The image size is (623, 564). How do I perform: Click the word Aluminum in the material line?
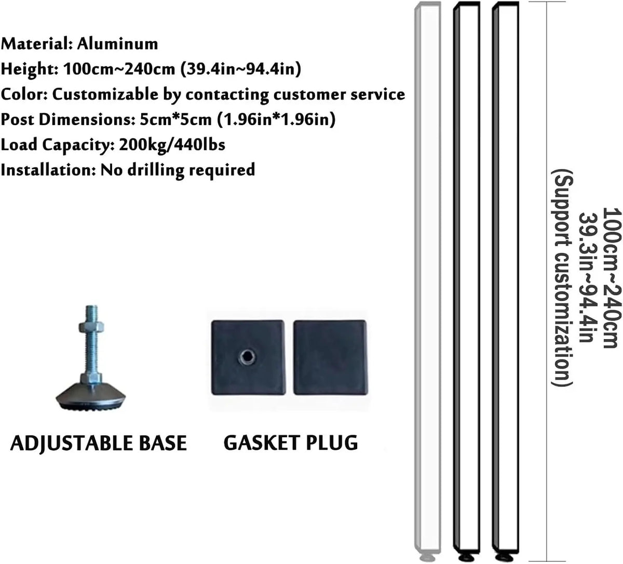[118, 44]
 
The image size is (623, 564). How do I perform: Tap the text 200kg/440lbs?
[172, 145]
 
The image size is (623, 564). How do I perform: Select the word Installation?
[48, 170]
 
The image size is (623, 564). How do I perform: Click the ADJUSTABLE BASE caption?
[99, 443]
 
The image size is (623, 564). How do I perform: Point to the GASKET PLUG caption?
[291, 443]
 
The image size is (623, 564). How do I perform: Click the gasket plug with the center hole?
[248, 357]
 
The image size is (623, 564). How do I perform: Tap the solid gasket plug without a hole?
[330, 357]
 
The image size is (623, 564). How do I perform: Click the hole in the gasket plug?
[247, 357]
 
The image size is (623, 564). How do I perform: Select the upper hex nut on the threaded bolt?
[91, 327]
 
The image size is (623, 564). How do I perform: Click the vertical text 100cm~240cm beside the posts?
[612, 278]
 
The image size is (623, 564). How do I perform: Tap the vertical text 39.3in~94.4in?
[588, 278]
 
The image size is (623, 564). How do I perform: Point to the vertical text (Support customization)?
[562, 278]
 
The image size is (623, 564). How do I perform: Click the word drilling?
[156, 170]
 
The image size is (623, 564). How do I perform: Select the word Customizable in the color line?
[105, 95]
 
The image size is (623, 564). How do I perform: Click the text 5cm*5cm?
[175, 119]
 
